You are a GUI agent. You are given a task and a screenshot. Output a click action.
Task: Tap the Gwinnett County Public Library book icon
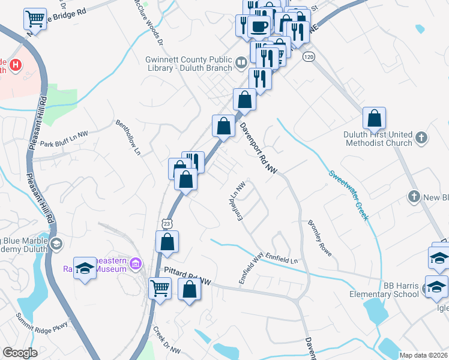[x=240, y=62]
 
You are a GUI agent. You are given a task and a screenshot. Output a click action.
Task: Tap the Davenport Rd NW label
[x=258, y=149]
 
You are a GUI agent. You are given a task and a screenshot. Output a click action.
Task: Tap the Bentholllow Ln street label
[x=129, y=134]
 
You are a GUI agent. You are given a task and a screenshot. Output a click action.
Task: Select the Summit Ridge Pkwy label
[x=42, y=325]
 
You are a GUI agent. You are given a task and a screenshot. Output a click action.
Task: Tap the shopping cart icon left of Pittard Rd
[x=160, y=287]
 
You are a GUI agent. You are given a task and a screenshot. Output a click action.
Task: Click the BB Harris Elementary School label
[x=385, y=290]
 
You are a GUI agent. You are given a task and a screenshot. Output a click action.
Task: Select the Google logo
[x=20, y=352]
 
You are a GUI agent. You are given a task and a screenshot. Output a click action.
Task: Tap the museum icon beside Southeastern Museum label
[x=136, y=263]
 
